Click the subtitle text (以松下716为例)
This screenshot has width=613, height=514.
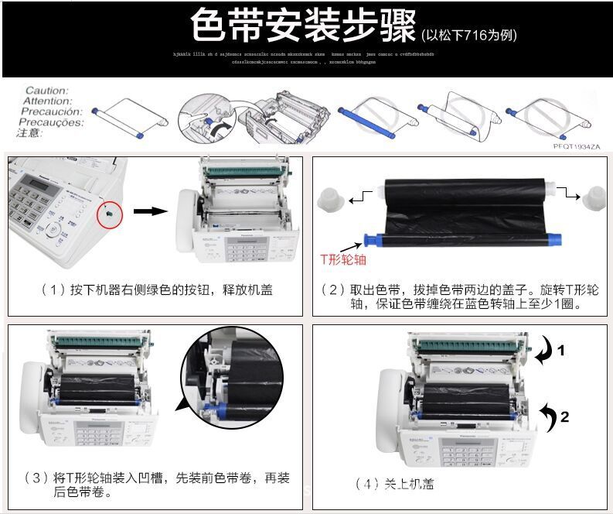tap(469, 35)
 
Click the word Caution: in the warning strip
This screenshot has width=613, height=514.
tap(47, 91)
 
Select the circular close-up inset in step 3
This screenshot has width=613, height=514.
tap(228, 376)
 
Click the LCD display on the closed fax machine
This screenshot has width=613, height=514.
tap(36, 180)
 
